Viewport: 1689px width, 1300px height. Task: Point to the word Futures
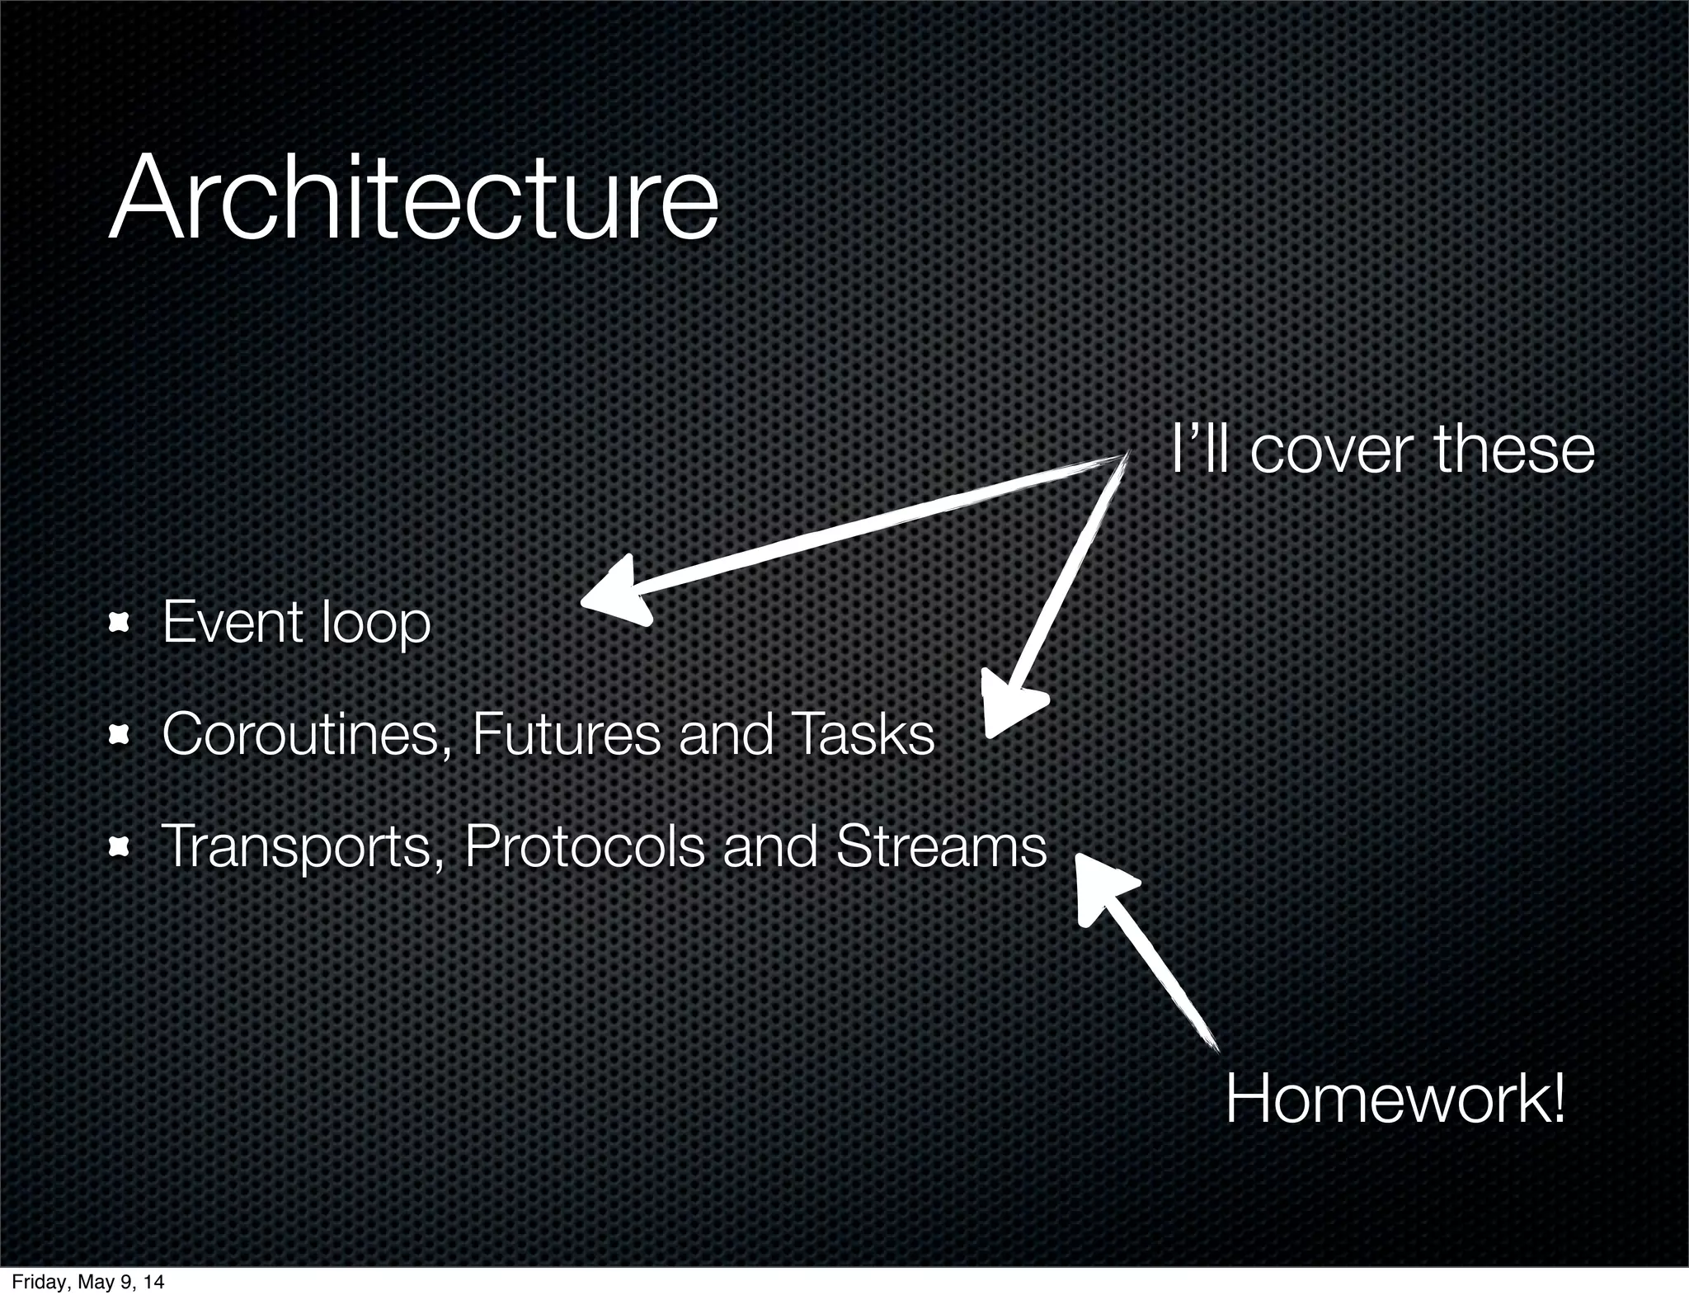566,734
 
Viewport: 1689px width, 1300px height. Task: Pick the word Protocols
584,846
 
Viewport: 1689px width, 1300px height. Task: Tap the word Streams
940,846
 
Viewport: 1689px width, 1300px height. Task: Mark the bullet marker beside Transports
120,846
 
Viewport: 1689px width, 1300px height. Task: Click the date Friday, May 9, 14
87,1282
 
